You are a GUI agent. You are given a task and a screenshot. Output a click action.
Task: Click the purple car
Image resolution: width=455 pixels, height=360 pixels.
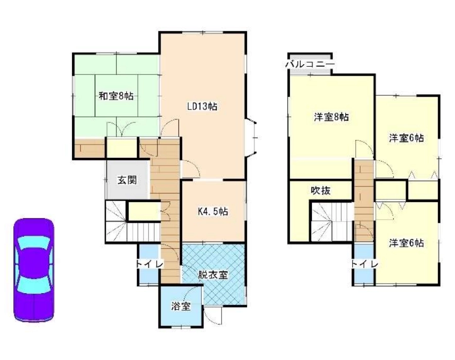point(33,270)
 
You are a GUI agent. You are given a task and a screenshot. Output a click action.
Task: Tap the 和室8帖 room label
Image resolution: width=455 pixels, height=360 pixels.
point(116,96)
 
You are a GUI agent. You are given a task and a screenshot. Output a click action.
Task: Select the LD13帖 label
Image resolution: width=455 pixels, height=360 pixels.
point(202,106)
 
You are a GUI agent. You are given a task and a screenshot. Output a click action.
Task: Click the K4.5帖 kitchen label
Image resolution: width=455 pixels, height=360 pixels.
point(213,211)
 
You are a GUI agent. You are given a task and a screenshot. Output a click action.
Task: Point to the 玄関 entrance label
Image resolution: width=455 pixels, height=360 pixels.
point(127,181)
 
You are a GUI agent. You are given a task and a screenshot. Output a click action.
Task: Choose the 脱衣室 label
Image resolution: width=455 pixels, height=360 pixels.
point(213,275)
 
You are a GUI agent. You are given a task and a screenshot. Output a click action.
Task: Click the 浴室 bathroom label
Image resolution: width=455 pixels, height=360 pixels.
point(181,306)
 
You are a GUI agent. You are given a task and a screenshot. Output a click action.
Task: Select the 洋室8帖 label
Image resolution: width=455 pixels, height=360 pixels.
point(331,117)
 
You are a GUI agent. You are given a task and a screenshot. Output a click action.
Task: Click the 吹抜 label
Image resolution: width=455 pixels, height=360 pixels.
point(321,190)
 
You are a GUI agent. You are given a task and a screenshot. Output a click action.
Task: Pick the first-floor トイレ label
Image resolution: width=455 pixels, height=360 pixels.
point(150,264)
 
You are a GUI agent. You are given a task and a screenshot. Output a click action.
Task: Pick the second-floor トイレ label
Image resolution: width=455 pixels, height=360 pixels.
point(364,264)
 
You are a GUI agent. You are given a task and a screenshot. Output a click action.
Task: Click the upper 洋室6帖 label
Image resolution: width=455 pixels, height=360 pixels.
point(406,138)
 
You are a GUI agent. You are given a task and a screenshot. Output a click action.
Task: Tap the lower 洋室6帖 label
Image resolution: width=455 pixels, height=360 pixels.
point(406,243)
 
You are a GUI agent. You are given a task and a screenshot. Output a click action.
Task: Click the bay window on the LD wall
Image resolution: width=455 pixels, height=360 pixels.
point(251,138)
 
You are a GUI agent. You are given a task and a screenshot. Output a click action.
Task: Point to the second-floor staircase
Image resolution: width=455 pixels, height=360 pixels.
point(332,222)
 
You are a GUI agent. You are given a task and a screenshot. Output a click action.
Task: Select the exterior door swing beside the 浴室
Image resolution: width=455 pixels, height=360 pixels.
point(213,315)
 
